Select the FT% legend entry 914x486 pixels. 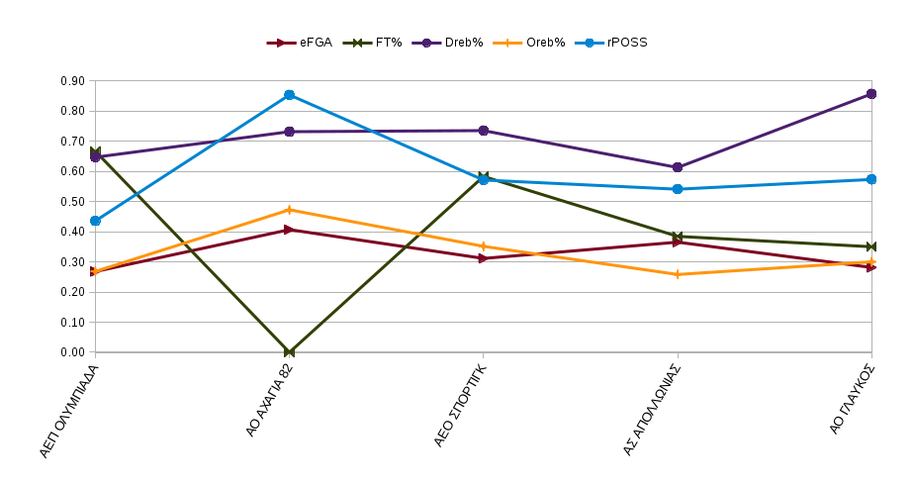coord(373,43)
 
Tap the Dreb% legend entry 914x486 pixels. coord(451,43)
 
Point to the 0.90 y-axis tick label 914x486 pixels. coord(73,81)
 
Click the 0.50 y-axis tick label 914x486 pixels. coord(73,202)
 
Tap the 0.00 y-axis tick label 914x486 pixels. coord(73,352)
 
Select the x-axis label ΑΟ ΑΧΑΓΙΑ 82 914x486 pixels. coord(269,401)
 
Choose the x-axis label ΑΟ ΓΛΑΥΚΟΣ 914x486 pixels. coord(854,400)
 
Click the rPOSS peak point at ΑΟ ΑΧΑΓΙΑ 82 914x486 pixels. coord(289,95)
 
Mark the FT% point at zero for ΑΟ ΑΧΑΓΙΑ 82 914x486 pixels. coord(289,352)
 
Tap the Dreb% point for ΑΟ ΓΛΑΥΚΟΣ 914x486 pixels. coord(871,94)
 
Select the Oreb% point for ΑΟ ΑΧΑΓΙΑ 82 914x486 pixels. coord(289,210)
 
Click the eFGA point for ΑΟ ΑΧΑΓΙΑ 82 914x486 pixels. coord(289,230)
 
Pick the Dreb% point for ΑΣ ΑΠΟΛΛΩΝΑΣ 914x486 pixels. coord(678,167)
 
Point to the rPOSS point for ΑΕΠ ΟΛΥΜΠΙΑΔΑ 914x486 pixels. coord(95,221)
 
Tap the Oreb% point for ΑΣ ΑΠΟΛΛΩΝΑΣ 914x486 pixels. coord(678,274)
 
